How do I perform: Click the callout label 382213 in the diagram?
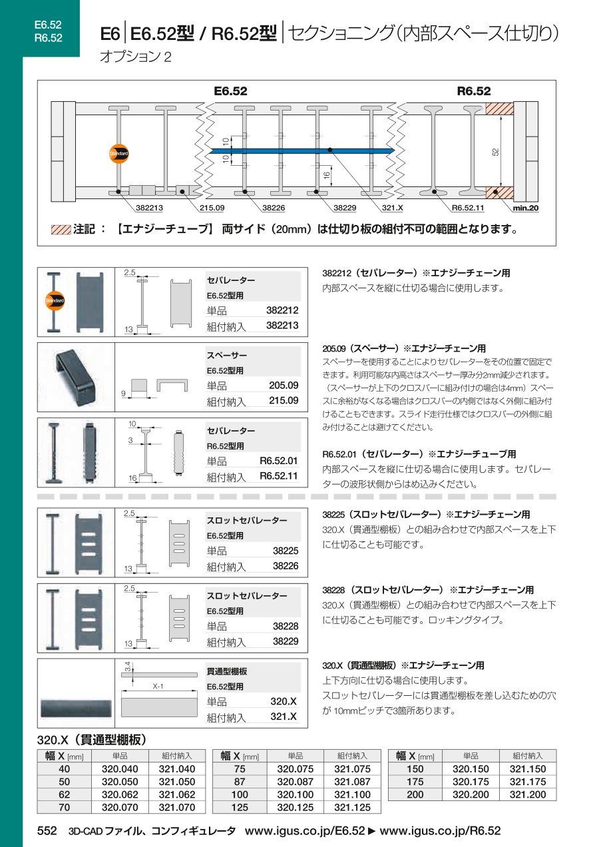click(x=149, y=208)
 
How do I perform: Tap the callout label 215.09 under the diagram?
click(x=212, y=208)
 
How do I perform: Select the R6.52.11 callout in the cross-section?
click(x=468, y=208)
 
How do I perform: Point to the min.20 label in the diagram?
click(x=526, y=208)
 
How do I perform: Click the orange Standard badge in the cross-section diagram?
click(x=118, y=154)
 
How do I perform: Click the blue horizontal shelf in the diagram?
click(x=302, y=151)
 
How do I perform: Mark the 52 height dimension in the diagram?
click(x=495, y=152)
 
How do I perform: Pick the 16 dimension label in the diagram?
click(x=327, y=175)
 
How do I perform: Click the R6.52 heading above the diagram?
click(x=474, y=91)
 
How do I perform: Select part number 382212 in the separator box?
click(x=282, y=310)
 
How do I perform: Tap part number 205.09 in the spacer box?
click(x=284, y=386)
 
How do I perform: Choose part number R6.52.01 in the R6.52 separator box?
click(x=278, y=461)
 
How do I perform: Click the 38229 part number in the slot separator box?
click(x=286, y=641)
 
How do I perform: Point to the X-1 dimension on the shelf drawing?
click(x=158, y=687)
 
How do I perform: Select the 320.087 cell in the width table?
click(x=295, y=782)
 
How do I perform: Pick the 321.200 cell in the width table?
click(x=528, y=794)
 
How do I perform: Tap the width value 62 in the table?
click(x=65, y=794)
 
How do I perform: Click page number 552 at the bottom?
click(x=47, y=831)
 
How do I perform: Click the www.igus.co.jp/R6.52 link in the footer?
click(x=440, y=831)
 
